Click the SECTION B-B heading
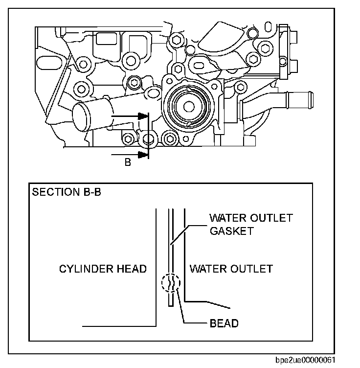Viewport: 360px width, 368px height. [67, 191]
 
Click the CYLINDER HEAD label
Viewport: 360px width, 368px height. [103, 269]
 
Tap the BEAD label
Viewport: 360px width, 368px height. [224, 323]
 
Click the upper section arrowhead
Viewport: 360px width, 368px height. [143, 116]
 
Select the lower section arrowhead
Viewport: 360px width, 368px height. [143, 155]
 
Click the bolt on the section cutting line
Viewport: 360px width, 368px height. [148, 140]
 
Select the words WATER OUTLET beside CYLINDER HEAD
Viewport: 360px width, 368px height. [231, 269]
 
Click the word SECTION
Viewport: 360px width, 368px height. [53, 191]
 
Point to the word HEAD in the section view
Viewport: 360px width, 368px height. [134, 269]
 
